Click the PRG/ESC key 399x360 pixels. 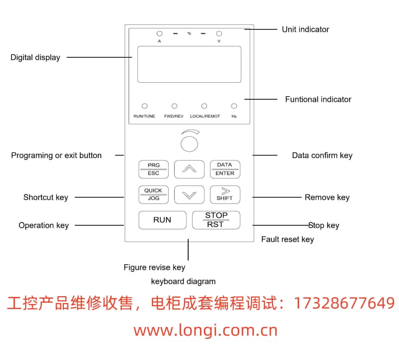point(154,169)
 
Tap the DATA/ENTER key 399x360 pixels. point(225,169)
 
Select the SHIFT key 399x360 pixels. point(225,194)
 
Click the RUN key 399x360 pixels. point(162,220)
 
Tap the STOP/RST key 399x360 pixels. point(216,220)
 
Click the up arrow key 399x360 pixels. point(189,169)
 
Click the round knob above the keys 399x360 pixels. point(189,143)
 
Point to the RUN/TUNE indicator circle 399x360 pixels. point(145,106)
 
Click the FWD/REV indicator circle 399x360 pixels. point(175,106)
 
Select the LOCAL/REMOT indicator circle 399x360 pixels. point(204,106)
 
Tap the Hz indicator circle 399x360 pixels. point(234,106)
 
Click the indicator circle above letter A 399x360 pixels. point(160,34)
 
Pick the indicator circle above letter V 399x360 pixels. point(218,34)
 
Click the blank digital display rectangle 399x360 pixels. point(189,64)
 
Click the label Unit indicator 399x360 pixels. point(305,29)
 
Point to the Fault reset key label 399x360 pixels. point(287,239)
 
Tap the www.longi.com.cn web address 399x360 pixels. point(205,330)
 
